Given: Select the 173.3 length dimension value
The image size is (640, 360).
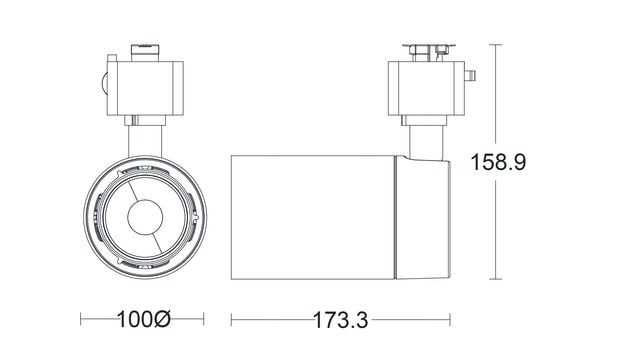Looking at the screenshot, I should [341, 321].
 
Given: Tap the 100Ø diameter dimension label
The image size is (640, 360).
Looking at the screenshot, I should [143, 321].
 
